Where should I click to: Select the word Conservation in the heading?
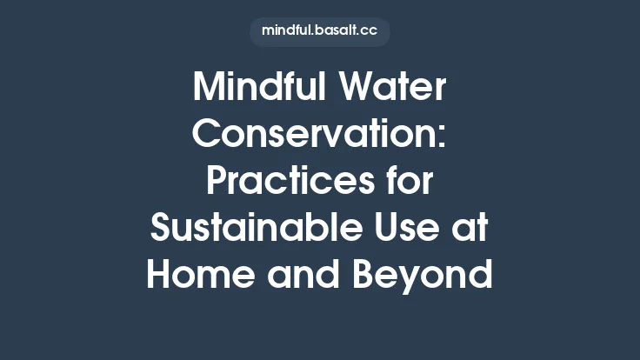313,135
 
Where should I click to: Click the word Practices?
282,182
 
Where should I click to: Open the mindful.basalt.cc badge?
319,32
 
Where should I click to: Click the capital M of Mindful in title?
208,88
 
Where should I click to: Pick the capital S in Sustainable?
163,229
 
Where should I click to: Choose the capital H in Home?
161,276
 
